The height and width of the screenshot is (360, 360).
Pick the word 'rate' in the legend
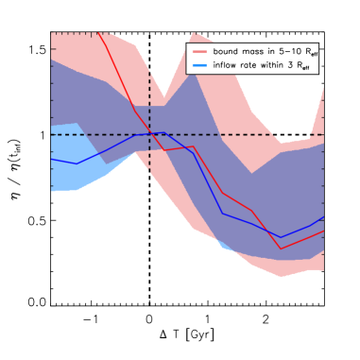[x=251, y=64]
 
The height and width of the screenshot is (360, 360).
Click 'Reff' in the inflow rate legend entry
[x=310, y=65]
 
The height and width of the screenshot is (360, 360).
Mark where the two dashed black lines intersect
[x=149, y=134]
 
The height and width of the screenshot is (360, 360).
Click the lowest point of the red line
[x=282, y=249]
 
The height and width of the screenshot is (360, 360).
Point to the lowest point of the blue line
[x=282, y=237]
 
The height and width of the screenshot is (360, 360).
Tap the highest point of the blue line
[x=163, y=132]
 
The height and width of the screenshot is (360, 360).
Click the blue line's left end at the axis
[x=51, y=159]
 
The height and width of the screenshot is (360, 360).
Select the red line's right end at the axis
[x=323, y=231]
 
